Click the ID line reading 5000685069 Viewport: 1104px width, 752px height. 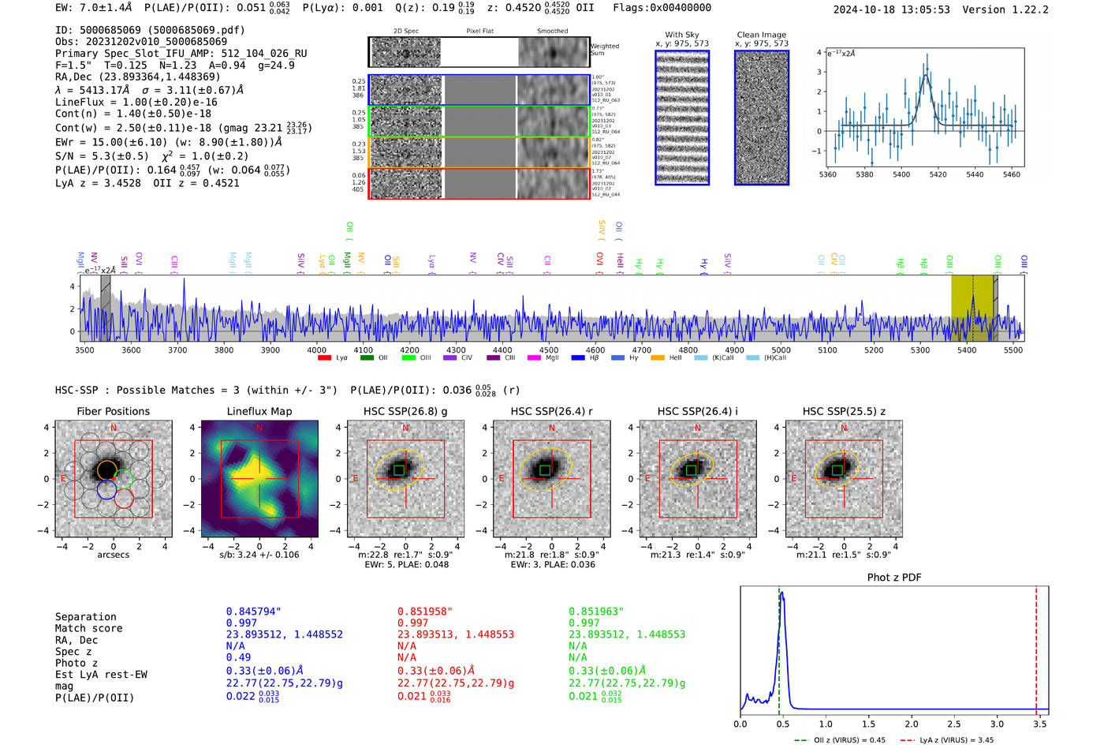pos(150,30)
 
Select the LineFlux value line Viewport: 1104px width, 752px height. pos(136,102)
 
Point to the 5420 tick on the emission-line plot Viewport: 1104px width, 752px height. pos(938,174)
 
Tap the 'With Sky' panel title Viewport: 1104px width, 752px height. pos(682,35)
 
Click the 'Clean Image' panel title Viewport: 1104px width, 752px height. pos(761,35)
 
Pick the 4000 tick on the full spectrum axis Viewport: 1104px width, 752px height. pos(316,350)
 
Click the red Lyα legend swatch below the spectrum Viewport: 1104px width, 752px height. pos(324,358)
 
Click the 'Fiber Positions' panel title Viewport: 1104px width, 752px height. pos(113,411)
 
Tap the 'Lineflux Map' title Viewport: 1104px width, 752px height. pos(259,411)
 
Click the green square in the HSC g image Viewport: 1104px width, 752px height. pos(399,470)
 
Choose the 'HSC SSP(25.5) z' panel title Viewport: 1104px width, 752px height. pos(844,411)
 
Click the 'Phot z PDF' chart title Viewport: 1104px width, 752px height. pos(894,578)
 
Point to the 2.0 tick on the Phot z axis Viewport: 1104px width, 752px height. pos(912,724)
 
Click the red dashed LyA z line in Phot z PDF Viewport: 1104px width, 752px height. pos(1036,647)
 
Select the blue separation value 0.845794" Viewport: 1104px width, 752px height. pos(253,612)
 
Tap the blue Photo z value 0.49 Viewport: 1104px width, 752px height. pos(238,657)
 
